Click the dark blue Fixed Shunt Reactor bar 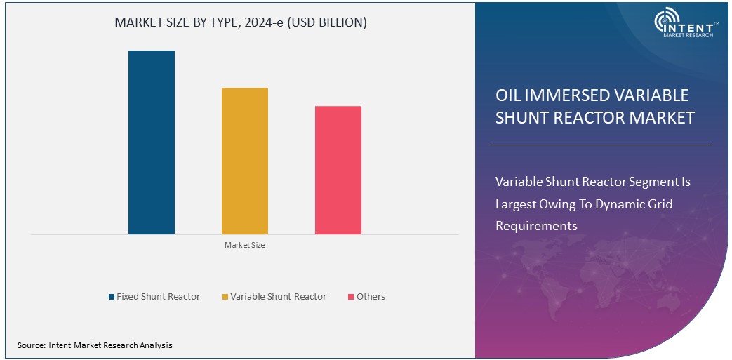[x=151, y=142]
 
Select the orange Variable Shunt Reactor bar [x=244, y=161]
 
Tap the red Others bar [x=338, y=170]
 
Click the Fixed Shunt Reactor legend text [x=158, y=297]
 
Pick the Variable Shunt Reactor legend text [x=278, y=297]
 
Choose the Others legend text [x=371, y=297]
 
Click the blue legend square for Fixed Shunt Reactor [x=112, y=297]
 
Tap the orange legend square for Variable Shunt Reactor [x=225, y=297]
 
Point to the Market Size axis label [x=244, y=245]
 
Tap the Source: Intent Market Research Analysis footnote [x=95, y=345]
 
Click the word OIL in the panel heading [x=508, y=95]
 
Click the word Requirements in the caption [x=536, y=226]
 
